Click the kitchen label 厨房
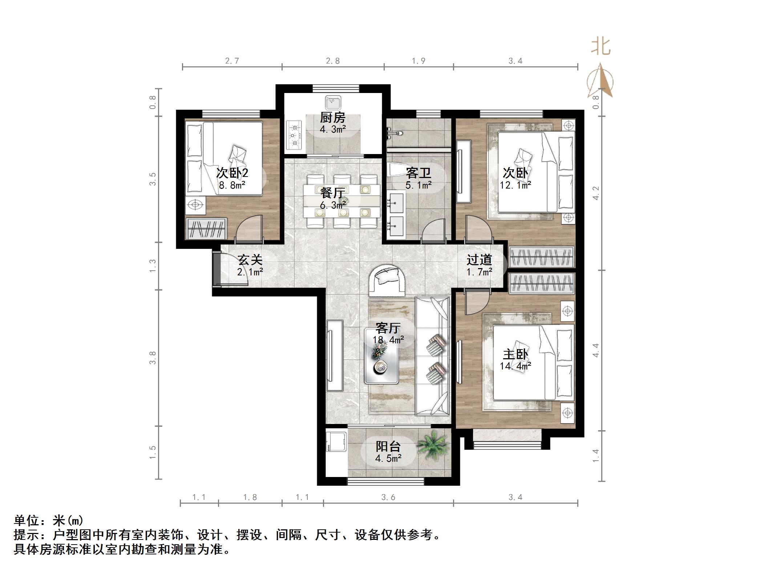pos(333,118)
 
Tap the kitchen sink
pos(333,102)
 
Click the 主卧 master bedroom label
pos(515,354)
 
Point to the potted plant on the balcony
pos(432,445)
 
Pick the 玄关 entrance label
pos(250,260)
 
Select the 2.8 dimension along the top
pos(333,61)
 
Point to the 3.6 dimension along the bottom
pos(388,497)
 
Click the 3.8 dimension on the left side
pos(153,357)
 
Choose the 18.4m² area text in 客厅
pos(388,340)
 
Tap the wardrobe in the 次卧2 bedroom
pos(206,229)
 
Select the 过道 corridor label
pos(480,260)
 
